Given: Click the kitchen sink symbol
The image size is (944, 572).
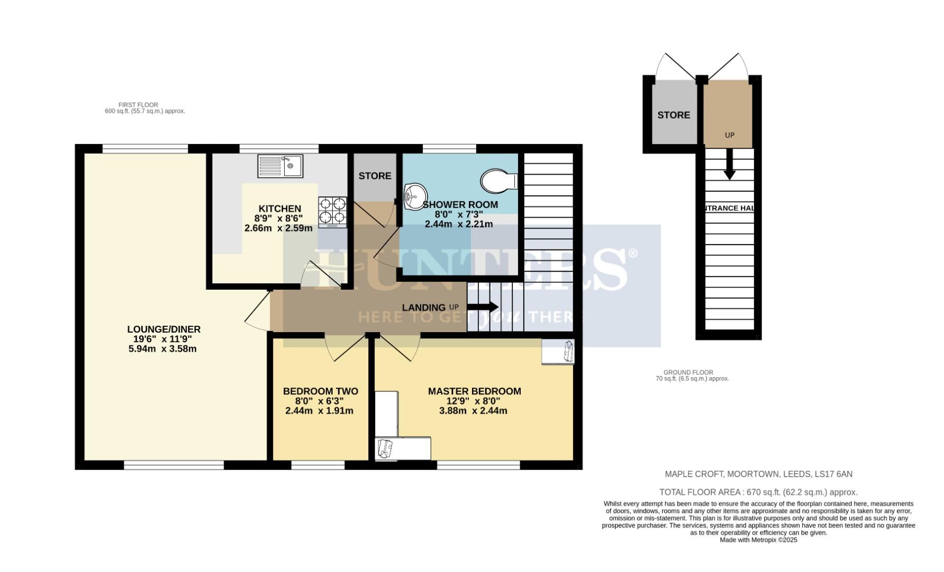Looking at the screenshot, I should click(x=280, y=166).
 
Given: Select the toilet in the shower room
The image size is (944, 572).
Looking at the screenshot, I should click(x=499, y=181).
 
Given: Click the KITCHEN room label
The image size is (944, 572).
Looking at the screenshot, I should click(x=279, y=209).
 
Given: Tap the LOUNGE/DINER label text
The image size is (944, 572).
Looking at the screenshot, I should click(x=164, y=329).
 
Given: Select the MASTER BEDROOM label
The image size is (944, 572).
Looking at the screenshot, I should click(x=474, y=391).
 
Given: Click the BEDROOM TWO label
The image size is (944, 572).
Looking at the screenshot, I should click(x=320, y=391).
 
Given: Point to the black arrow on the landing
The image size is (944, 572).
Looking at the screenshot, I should click(x=483, y=307).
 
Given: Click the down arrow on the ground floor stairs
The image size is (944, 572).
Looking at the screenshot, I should click(x=729, y=165).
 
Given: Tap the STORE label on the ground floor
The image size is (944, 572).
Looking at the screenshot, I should click(x=674, y=115).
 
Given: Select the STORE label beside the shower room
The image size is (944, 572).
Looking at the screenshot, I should click(x=375, y=176).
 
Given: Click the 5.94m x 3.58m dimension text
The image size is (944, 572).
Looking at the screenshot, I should click(x=162, y=349).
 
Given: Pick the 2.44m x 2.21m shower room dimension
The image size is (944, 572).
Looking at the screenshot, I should click(x=459, y=224).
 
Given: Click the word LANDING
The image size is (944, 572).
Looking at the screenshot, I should click(x=423, y=308).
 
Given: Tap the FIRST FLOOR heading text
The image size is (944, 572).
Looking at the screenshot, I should click(x=138, y=105).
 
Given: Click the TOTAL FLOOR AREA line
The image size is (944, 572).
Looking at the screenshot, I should click(x=758, y=492).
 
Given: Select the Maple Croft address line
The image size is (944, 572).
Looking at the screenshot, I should click(x=758, y=474).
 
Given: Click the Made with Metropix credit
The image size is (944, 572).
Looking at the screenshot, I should click(x=758, y=540).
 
